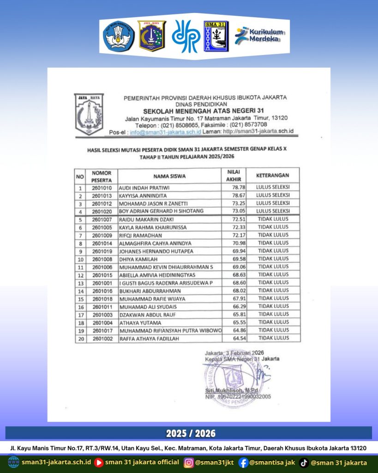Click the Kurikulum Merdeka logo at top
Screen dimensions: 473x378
point(259,36)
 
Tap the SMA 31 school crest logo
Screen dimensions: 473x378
point(216,36)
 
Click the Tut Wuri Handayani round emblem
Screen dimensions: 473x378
point(119,36)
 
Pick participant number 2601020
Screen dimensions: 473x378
point(102,211)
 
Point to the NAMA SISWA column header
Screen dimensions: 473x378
point(169,176)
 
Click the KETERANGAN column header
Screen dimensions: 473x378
point(273,176)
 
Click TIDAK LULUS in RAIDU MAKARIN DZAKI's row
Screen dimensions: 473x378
point(273,219)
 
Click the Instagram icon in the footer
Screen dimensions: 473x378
point(189,462)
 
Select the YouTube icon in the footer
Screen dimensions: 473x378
point(99,462)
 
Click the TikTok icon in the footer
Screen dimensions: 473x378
point(304,462)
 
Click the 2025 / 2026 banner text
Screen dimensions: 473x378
point(189,433)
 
